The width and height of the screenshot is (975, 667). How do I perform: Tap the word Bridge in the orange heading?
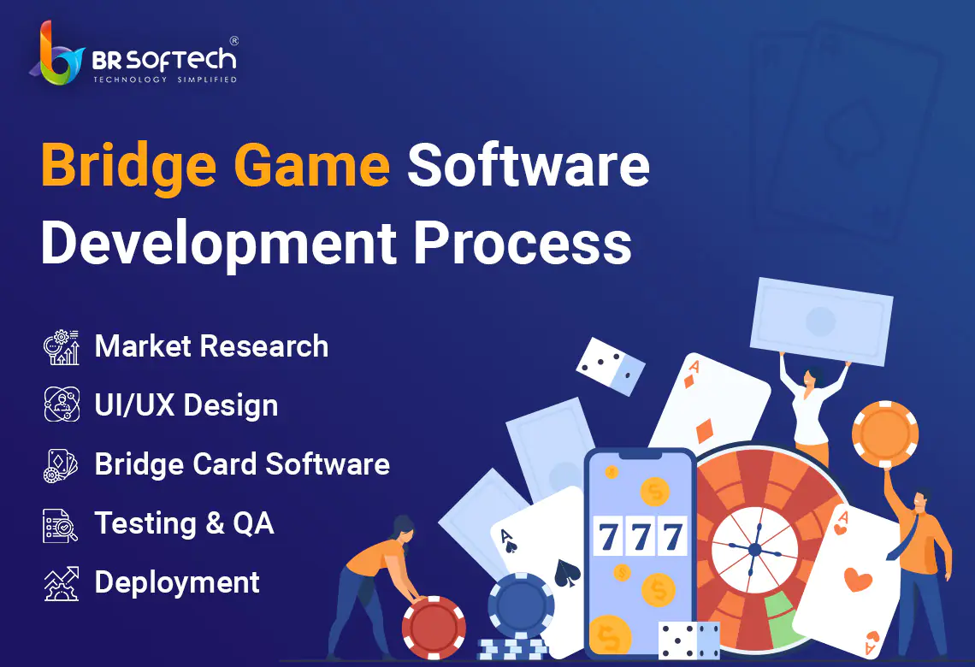128,166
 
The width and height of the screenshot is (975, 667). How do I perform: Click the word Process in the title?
523,243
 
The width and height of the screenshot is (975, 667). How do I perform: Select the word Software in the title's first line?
529,165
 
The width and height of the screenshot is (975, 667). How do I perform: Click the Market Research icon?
61,347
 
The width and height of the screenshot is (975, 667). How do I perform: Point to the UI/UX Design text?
186,405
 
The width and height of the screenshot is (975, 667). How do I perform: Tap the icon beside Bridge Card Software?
61,465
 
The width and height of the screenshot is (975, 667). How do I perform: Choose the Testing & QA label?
184,523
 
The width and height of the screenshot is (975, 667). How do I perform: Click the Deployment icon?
61,584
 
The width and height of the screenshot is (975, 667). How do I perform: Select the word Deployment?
177,583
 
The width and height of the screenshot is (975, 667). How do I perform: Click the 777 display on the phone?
641,536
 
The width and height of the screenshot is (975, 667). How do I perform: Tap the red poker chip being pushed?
434,628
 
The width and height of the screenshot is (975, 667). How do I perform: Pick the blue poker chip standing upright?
521,605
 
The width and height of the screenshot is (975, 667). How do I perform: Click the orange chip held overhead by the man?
885,434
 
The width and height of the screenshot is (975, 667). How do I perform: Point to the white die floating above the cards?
611,367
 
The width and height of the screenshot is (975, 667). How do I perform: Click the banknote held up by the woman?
821,322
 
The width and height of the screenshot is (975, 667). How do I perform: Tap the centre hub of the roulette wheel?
755,550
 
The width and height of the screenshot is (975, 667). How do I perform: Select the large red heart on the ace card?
858,580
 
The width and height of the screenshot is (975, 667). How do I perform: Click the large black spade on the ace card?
567,573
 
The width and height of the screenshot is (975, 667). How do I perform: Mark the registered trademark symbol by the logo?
233,41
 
